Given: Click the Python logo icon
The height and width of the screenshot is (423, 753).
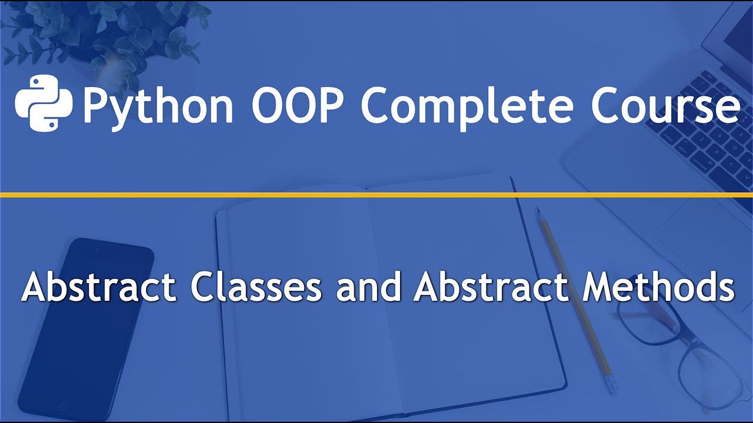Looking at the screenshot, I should [x=43, y=103].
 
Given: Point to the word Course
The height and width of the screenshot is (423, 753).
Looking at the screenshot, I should [x=665, y=105].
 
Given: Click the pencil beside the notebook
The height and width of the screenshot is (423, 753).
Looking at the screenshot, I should [x=574, y=294].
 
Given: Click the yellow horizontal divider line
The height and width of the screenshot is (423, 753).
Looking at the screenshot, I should [x=376, y=194].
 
